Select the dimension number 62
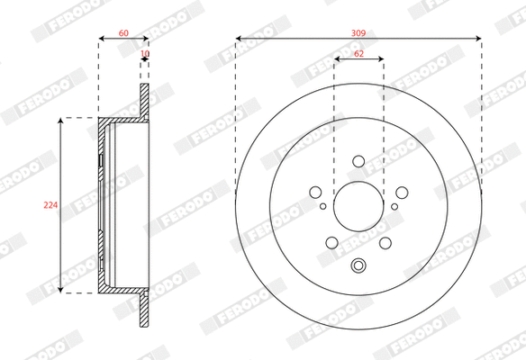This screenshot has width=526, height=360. pos(358,54)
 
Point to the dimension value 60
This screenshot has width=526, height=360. pos(123,32)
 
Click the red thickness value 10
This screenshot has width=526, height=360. pos(144,55)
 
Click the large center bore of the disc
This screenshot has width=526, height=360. pos(358,206)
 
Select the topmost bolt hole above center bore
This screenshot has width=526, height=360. pos(358,162)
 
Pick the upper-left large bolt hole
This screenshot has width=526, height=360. pos(316,192)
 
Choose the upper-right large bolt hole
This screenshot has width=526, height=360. pos(400,192)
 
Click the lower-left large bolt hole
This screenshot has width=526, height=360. pos(332,242)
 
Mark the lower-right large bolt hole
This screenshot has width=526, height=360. pos(385,242)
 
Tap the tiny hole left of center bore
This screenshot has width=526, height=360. pos(323,206)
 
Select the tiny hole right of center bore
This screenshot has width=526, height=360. pos(394,206)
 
